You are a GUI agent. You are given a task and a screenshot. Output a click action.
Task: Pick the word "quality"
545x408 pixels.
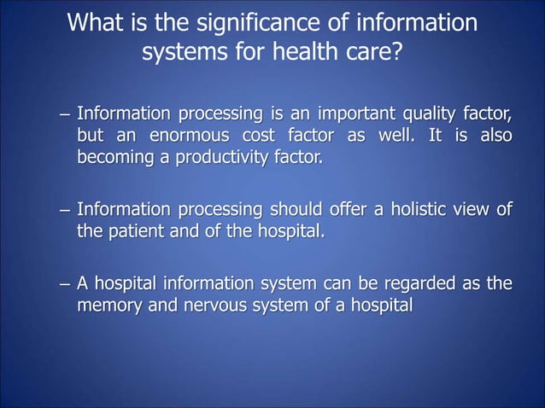[x=426, y=114]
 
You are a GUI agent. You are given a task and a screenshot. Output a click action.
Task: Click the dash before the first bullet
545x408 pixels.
[x=63, y=114]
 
